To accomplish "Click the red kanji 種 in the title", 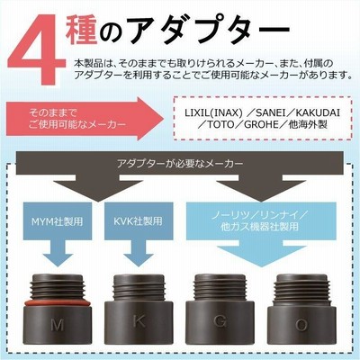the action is click(x=81, y=29).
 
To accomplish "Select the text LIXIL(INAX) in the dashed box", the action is click(x=213, y=112).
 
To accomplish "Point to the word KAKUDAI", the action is click(x=318, y=112).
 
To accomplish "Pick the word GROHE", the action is click(x=262, y=124).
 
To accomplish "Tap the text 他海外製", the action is click(x=308, y=124).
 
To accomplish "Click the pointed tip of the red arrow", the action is click(x=164, y=119).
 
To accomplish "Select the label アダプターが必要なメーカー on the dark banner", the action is click(x=180, y=164).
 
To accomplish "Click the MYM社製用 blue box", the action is click(x=58, y=221).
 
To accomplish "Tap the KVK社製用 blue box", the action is click(x=139, y=221).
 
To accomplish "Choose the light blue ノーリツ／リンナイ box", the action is click(x=259, y=221).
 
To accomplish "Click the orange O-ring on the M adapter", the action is click(x=58, y=303).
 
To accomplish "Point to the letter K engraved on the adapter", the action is click(x=139, y=322).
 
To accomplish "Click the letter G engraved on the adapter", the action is click(x=220, y=321).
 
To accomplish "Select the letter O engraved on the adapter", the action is click(x=301, y=326).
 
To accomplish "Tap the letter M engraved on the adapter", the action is click(x=57, y=325).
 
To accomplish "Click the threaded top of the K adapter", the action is click(x=139, y=288).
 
